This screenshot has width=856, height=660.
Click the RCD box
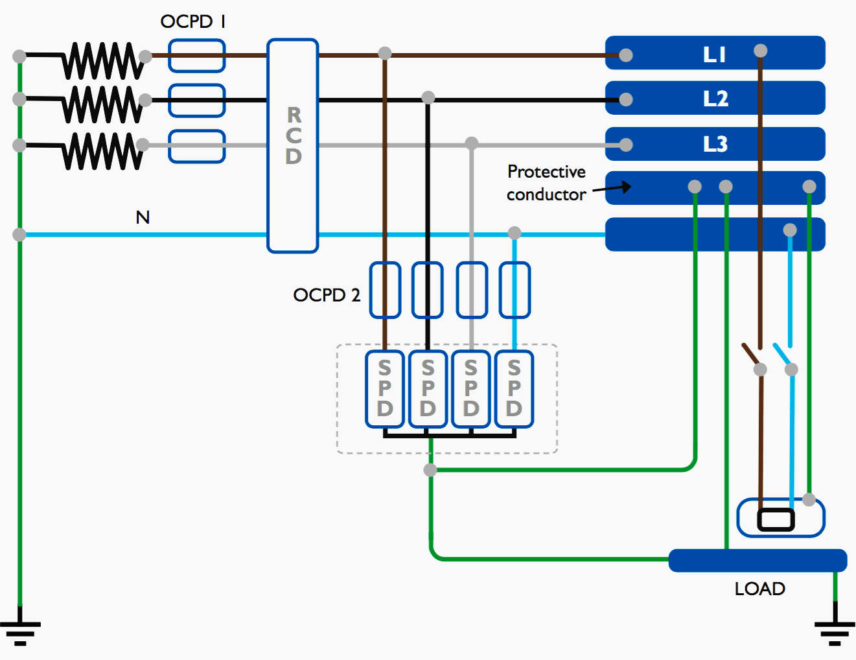point(293,145)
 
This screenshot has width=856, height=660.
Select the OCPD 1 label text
point(193,21)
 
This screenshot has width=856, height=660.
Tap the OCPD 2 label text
point(326,295)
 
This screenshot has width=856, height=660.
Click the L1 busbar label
point(714,54)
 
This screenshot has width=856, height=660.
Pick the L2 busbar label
point(715,99)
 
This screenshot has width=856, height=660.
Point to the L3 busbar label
point(715,144)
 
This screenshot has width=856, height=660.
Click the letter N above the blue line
point(143,217)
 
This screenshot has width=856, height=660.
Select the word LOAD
point(759,589)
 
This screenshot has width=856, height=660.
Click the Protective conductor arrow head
point(626,187)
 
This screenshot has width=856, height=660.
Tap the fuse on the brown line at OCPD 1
point(196,56)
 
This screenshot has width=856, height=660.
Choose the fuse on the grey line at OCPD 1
point(196,146)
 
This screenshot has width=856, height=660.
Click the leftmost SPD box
point(385,389)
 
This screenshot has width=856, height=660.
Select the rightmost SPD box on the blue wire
point(514,389)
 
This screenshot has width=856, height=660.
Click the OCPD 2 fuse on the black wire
point(428,290)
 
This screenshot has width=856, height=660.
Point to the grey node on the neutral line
point(515,233)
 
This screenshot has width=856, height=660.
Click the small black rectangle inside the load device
point(776,519)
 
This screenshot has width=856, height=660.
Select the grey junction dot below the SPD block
point(430,470)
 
